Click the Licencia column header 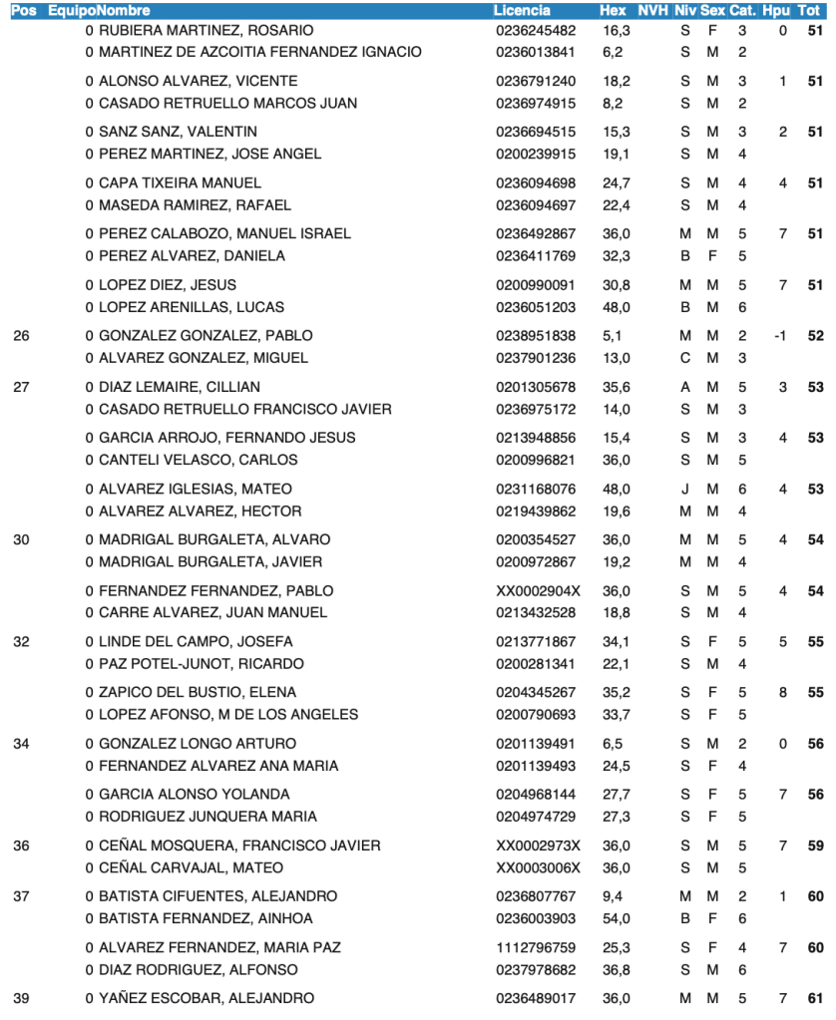[x=522, y=10]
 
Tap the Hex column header [x=614, y=10]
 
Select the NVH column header [x=652, y=10]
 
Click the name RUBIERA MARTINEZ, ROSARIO [x=206, y=30]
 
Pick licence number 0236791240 [x=536, y=81]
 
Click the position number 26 [x=21, y=335]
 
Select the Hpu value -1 [x=780, y=335]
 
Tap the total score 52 [x=815, y=335]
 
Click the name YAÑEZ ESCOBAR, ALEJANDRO [x=206, y=998]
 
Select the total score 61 [x=815, y=998]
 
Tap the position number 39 [x=21, y=998]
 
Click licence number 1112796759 [x=536, y=946]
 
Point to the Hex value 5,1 [x=612, y=335]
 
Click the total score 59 [x=815, y=845]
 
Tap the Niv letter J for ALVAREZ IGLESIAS [x=685, y=489]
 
